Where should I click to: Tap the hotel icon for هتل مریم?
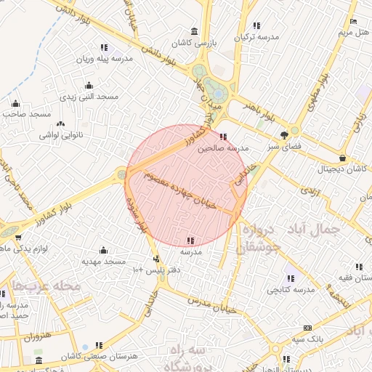click(x=353, y=21)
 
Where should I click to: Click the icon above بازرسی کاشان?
click(x=193, y=31)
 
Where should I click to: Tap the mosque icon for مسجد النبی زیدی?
click(x=89, y=85)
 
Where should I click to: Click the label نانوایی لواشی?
click(x=61, y=135)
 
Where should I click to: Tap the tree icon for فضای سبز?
click(x=284, y=134)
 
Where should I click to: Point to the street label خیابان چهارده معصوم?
click(x=181, y=190)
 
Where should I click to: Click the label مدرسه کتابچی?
click(x=290, y=290)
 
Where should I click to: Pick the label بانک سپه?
click(x=307, y=339)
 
